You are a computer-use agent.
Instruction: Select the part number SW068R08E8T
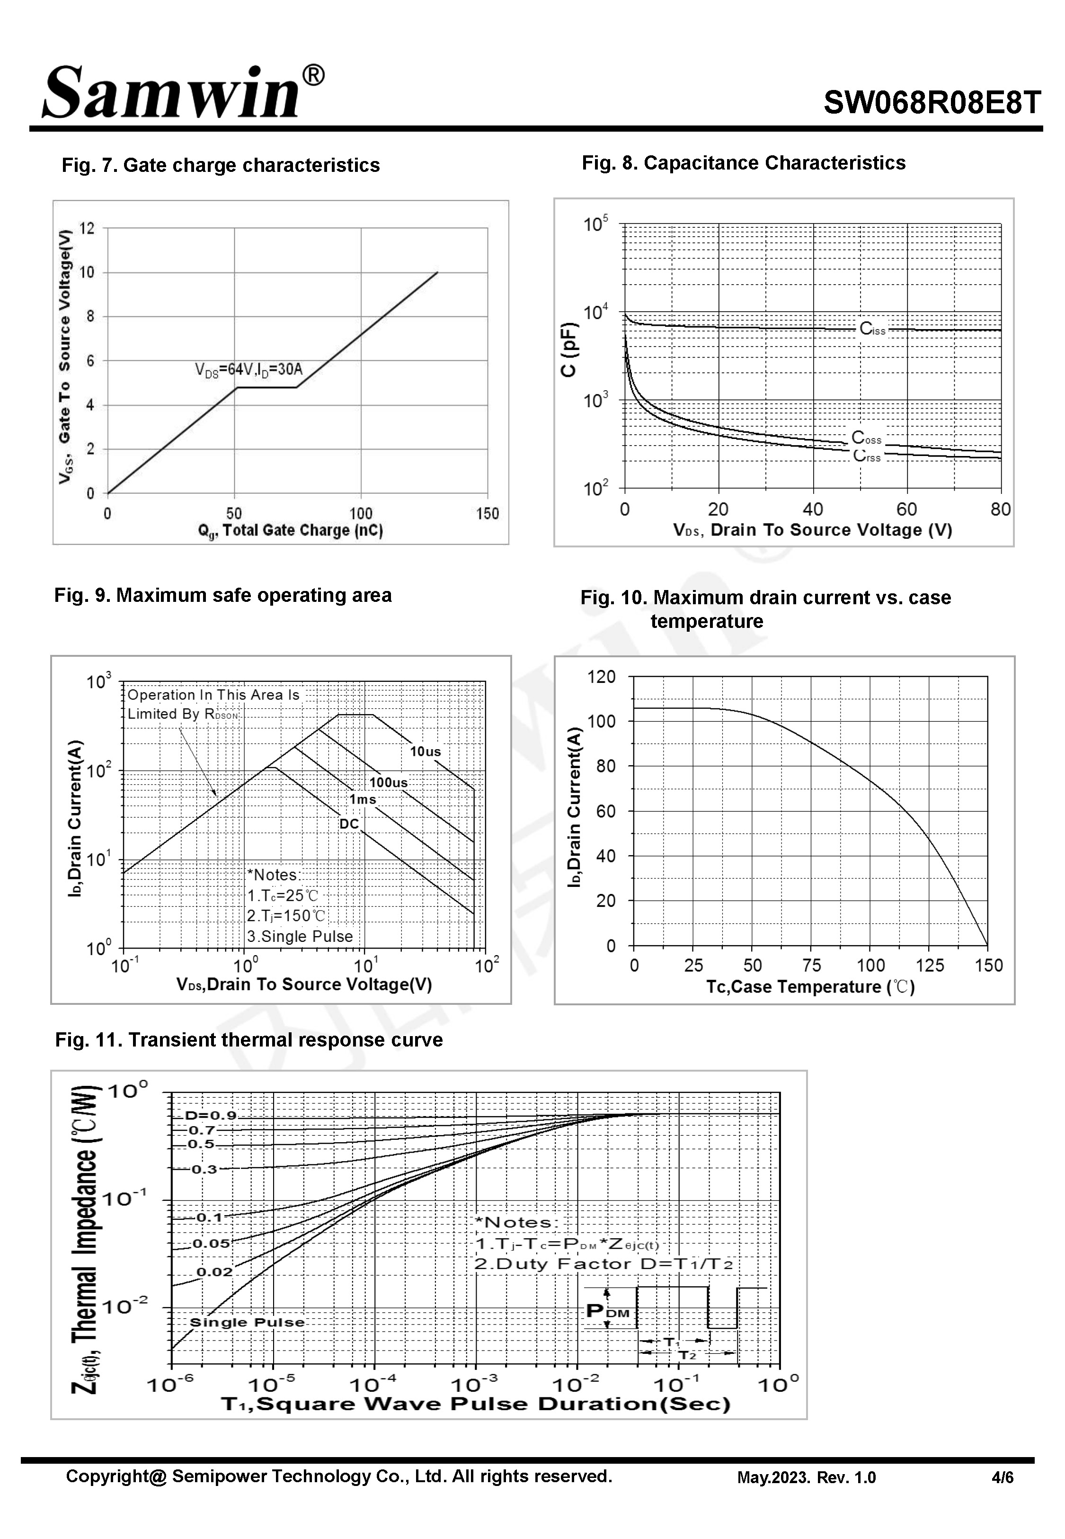pos(932,103)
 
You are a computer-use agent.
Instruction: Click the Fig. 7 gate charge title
pos(220,166)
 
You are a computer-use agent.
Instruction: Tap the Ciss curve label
pos(872,328)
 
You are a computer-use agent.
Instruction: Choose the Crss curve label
pos(867,456)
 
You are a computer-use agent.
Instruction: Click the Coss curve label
pos(866,438)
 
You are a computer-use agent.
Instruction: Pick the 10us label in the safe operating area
pos(425,752)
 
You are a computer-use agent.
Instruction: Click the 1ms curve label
pos(363,799)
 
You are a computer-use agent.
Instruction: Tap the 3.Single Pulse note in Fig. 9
pos(300,936)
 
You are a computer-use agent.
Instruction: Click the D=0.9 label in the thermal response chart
pos(211,1116)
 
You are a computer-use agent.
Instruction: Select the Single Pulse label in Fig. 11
pos(247,1322)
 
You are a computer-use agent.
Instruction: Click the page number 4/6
pos(1002,1477)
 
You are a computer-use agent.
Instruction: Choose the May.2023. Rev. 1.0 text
pos(806,1477)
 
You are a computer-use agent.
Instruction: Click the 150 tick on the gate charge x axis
pos(487,513)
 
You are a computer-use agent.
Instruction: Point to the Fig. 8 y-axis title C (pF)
pos(568,350)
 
